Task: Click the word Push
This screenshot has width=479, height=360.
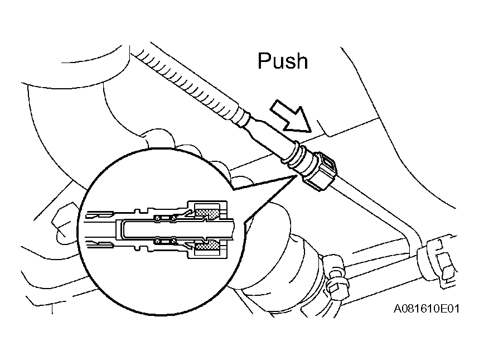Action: (x=283, y=61)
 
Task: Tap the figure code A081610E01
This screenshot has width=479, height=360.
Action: (x=426, y=309)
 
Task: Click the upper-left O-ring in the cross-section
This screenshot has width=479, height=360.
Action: (x=158, y=218)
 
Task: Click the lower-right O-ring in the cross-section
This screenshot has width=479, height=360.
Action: (x=173, y=241)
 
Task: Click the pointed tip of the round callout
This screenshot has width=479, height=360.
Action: (x=296, y=176)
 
